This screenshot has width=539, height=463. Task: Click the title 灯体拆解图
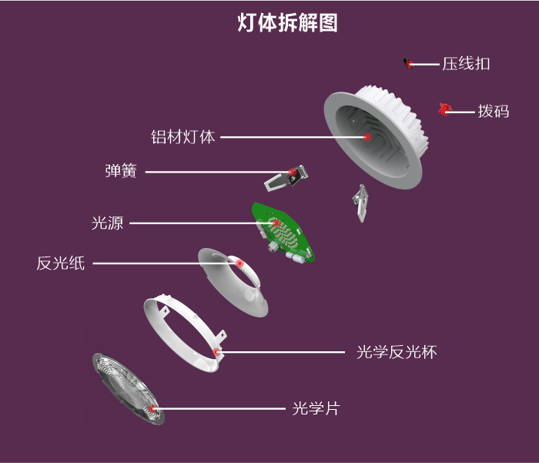(287, 23)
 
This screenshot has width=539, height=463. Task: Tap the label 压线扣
(466, 64)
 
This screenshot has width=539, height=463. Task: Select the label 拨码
(493, 111)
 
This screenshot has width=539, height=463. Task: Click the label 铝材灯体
(183, 137)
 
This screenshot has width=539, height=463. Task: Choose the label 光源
(107, 223)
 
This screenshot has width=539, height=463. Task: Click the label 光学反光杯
(397, 352)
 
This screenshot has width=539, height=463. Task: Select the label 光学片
(316, 408)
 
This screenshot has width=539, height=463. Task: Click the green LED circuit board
(283, 231)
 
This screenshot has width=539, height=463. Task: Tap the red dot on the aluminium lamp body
(367, 137)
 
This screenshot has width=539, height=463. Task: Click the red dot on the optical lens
(153, 407)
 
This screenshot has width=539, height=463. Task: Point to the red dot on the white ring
(217, 352)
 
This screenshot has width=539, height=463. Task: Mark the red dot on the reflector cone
(240, 263)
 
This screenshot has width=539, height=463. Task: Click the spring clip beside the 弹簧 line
(285, 178)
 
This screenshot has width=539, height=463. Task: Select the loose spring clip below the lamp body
(360, 202)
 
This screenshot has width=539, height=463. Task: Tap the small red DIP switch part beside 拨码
(444, 110)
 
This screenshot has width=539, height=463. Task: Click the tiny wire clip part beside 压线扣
(408, 63)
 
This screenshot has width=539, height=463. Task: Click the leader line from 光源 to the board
(200, 223)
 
